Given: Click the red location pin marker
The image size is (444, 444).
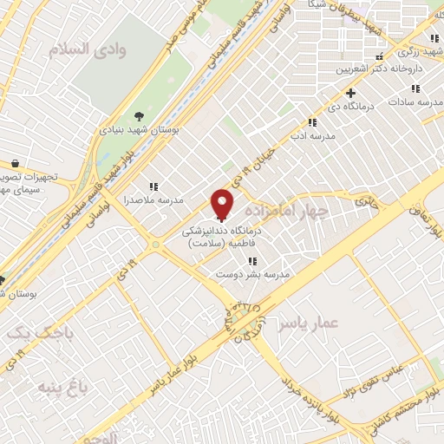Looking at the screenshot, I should click(223, 203).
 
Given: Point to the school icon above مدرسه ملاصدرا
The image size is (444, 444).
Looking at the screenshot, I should click(153, 186).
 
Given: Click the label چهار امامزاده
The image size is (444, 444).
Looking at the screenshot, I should click(287, 211).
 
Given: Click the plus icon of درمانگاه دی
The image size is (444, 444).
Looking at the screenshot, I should click(350, 93).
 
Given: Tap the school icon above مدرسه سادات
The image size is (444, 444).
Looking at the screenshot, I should click(417, 89).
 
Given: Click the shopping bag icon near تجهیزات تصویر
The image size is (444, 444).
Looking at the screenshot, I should click(16, 164).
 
